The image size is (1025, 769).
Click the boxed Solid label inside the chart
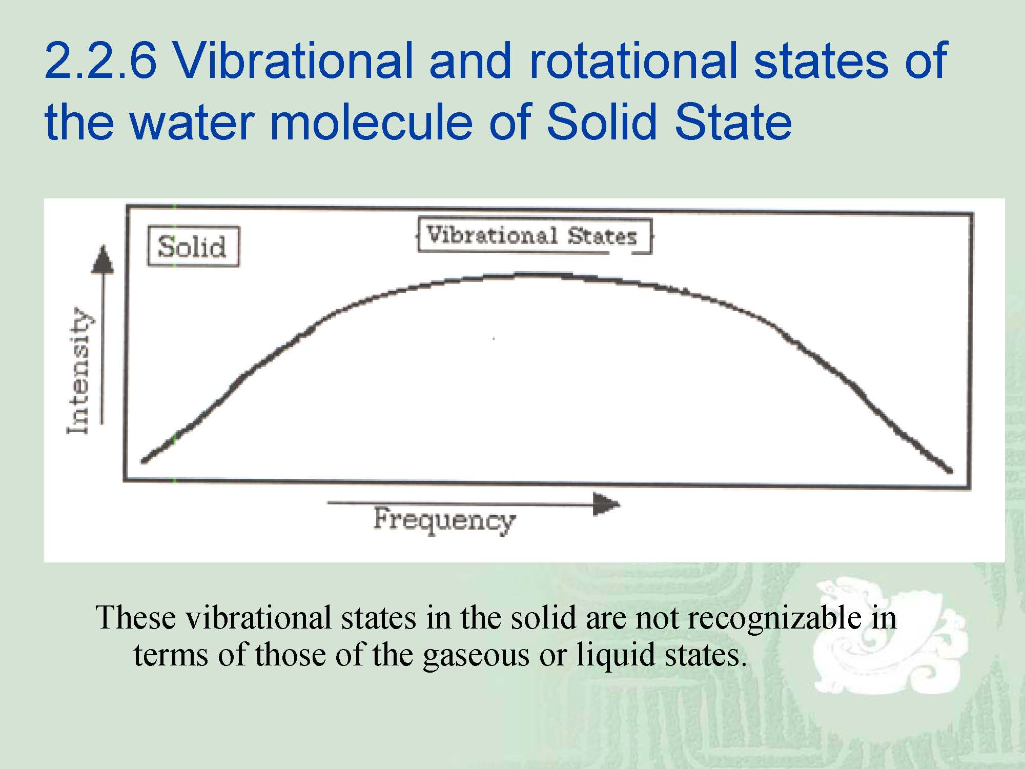point(193,247)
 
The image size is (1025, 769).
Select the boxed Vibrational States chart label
point(535,236)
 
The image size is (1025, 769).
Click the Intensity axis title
point(78,370)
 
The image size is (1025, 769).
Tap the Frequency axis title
point(444,520)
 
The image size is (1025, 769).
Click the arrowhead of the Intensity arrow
point(103,259)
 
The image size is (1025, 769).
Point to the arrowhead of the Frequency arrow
point(606,504)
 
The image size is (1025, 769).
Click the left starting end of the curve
point(143,461)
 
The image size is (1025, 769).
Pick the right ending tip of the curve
point(951,471)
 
